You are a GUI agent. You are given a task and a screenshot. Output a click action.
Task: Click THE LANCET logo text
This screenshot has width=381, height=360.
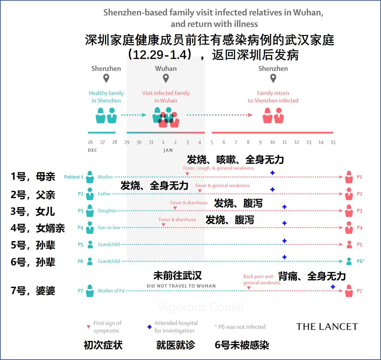click(327, 327)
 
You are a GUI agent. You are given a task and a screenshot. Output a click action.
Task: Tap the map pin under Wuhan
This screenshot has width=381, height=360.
click(166, 79)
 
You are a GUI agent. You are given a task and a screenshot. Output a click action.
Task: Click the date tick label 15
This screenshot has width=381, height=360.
click(333, 142)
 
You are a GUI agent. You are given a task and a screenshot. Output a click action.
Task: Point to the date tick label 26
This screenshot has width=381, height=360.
click(90, 142)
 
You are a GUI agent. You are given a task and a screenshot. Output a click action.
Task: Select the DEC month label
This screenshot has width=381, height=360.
click(92, 150)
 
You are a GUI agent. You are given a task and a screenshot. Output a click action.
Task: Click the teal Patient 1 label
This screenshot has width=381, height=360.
click(74, 177)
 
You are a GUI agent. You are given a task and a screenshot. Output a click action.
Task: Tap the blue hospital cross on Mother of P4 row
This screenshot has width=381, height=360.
click(333, 287)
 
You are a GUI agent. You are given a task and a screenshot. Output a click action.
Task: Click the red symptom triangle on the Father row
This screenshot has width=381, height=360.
click(199, 191)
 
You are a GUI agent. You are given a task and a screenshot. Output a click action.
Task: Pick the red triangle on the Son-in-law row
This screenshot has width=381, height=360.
click(163, 225)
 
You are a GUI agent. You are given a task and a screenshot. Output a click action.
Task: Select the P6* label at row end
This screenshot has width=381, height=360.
click(361, 261)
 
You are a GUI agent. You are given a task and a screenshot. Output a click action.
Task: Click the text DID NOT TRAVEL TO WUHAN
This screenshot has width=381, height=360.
click(181, 286)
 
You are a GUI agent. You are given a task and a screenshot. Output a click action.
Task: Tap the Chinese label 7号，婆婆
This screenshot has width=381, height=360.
click(33, 291)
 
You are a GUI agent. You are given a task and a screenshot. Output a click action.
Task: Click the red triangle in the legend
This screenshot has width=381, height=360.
click(88, 327)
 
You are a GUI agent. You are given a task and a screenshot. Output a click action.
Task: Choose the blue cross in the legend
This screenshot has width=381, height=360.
click(150, 327)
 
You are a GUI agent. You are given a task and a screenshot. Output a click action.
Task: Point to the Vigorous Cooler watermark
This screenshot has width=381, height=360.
click(201, 307)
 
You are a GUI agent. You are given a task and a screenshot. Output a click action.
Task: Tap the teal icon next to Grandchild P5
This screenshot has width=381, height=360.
click(90, 244)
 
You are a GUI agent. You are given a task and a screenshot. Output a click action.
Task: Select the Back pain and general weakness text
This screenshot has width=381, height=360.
click(262, 279)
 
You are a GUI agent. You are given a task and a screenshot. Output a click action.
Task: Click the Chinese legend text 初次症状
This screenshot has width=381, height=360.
click(103, 345)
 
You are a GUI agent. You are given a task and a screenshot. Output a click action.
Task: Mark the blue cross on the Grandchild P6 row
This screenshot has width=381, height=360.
click(284, 257)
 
